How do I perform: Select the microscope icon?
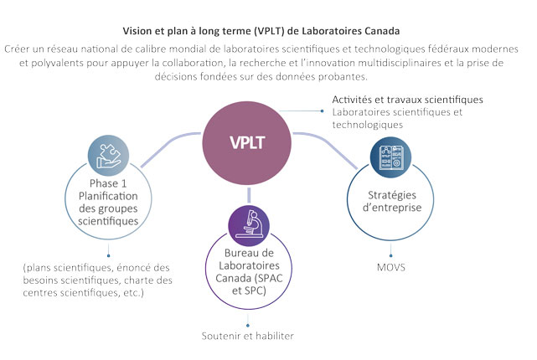click(249, 223)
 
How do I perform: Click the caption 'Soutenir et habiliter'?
click(248, 337)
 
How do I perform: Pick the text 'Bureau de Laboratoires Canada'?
click(249, 265)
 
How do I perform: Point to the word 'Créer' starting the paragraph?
click(20, 49)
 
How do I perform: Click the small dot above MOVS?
click(389, 256)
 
